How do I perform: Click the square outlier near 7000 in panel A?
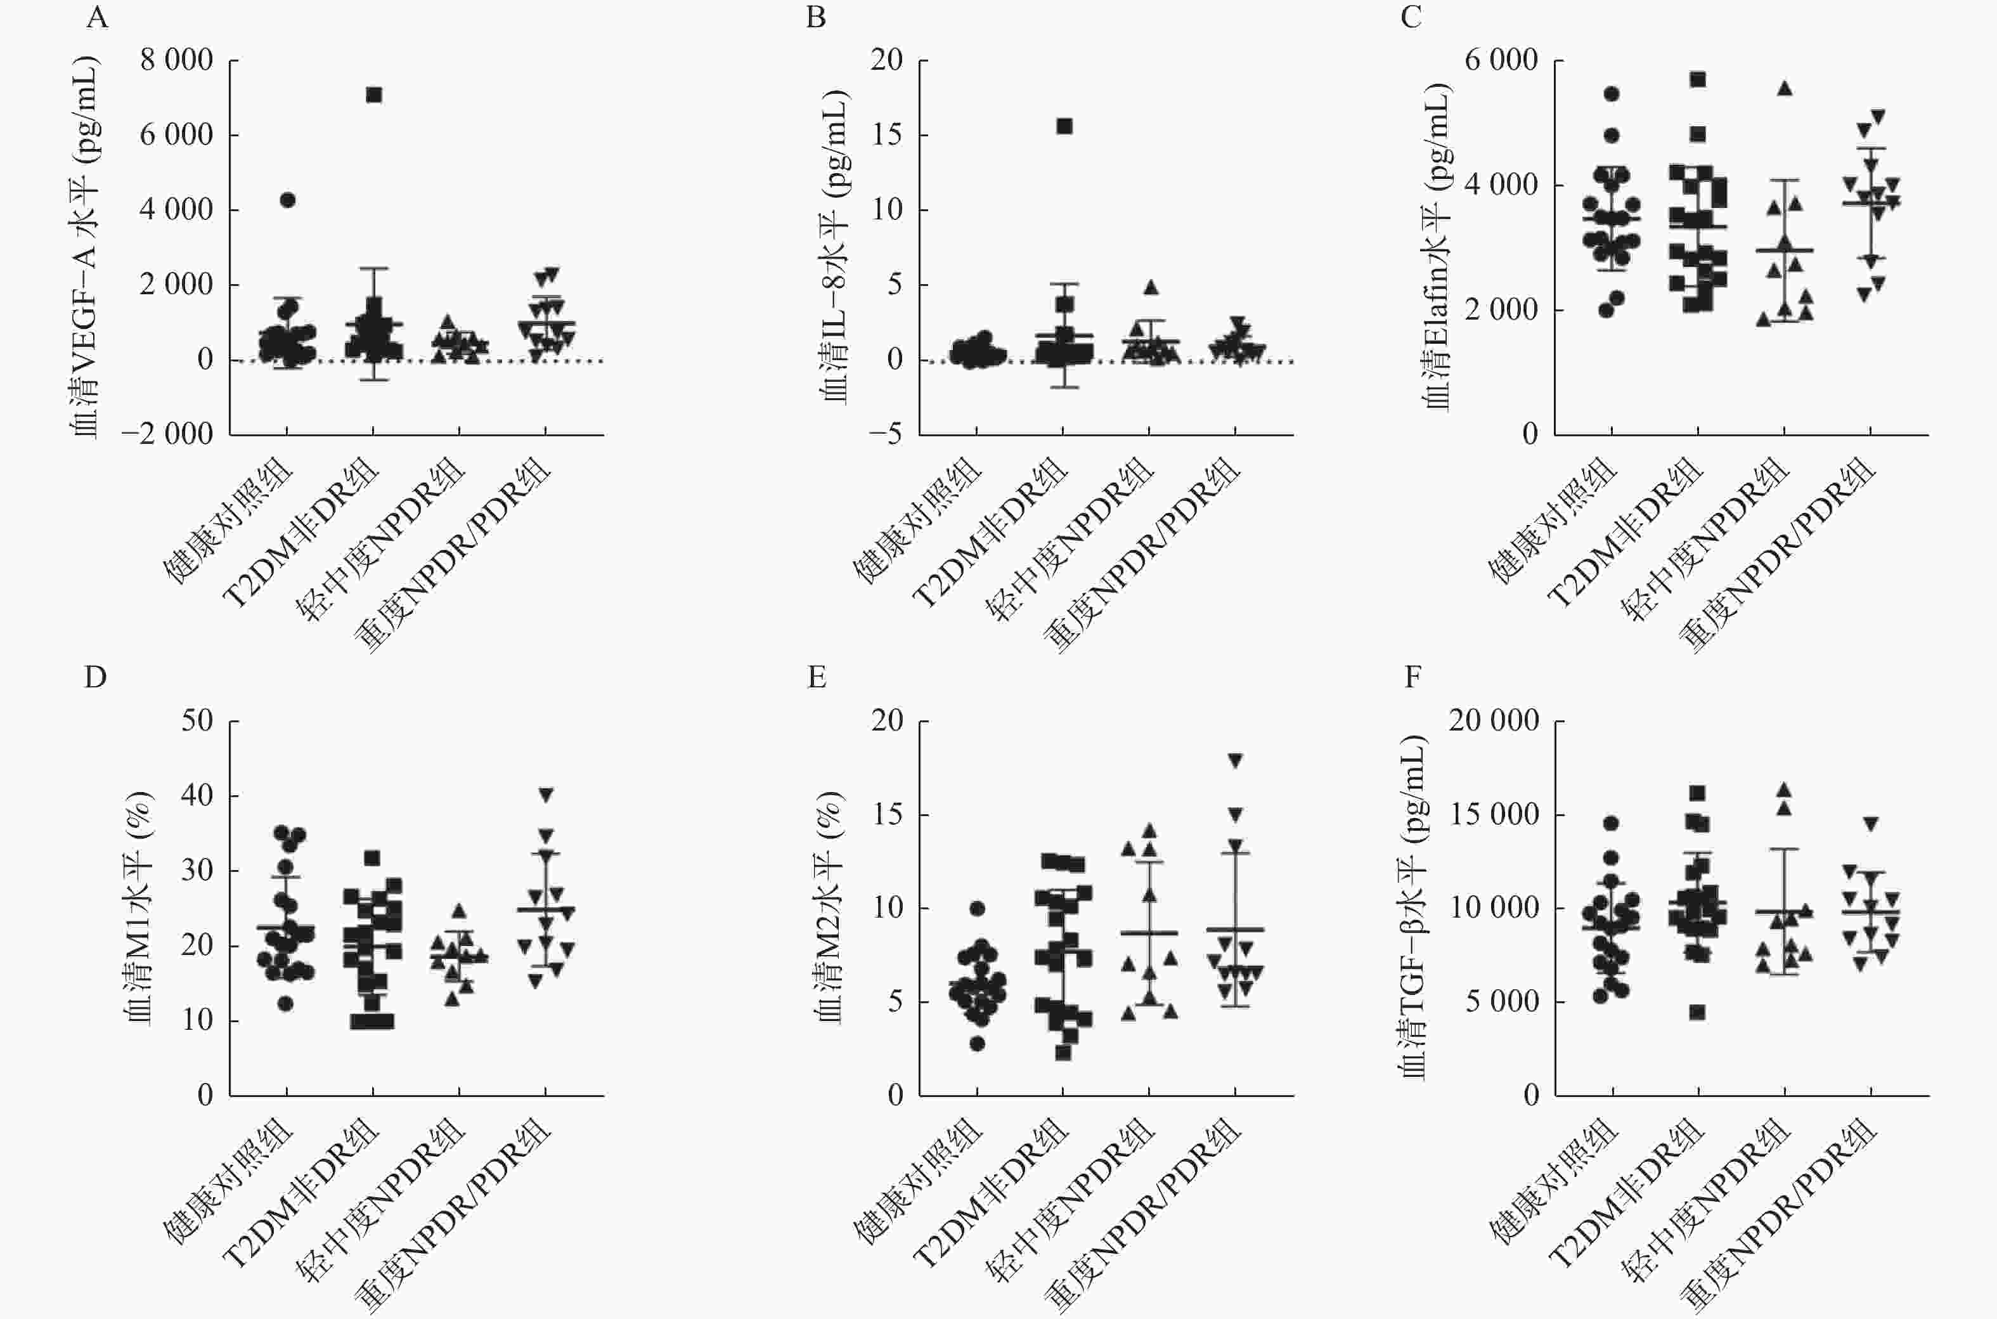[374, 95]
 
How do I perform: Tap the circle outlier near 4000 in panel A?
[288, 199]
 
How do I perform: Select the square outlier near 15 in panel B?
[1064, 126]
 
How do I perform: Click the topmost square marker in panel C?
[1698, 79]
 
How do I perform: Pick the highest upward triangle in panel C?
[1784, 88]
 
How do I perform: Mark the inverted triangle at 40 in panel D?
[546, 794]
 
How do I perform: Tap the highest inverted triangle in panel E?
[1235, 760]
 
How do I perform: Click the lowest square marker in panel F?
[1698, 1012]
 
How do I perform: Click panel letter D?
[95, 677]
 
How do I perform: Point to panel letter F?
[1412, 677]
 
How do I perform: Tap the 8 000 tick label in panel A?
[177, 61]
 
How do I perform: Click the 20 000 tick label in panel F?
[1494, 720]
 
